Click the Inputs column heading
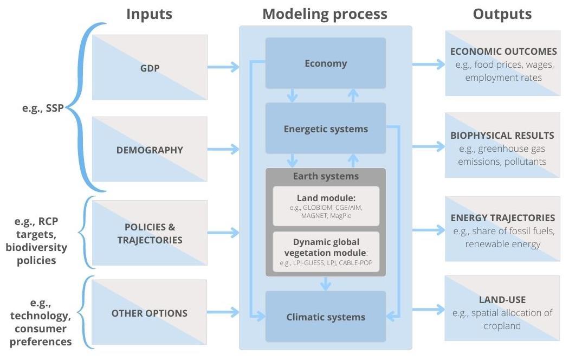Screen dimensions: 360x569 click(x=149, y=14)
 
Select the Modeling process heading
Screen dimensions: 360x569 click(x=325, y=14)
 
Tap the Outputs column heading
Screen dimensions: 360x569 click(x=502, y=14)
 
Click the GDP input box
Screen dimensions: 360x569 click(x=150, y=67)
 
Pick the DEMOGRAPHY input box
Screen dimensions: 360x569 click(x=150, y=150)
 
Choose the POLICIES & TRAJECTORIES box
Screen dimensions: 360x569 click(x=150, y=233)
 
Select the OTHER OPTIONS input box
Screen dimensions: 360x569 click(x=150, y=313)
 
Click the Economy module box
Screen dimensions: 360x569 click(x=325, y=63)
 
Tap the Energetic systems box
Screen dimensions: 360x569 click(x=325, y=128)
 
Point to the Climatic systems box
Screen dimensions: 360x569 click(x=325, y=317)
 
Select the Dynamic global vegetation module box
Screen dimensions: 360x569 click(x=326, y=251)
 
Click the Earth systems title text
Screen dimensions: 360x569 click(x=326, y=176)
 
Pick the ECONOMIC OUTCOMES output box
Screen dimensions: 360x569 click(x=503, y=63)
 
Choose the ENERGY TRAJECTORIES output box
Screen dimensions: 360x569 click(x=503, y=230)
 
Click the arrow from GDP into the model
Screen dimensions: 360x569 click(x=223, y=67)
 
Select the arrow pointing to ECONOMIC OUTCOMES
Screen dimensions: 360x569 click(x=428, y=64)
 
